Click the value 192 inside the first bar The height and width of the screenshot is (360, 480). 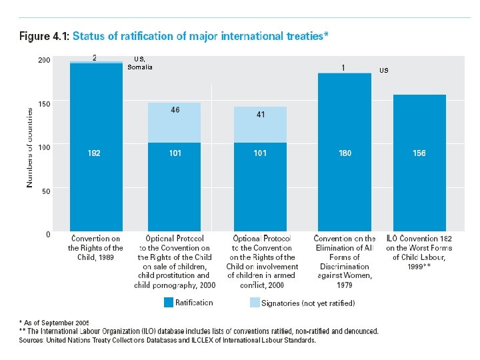coord(95,153)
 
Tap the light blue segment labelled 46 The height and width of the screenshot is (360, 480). coord(175,122)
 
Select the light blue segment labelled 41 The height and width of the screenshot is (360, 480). coord(261,124)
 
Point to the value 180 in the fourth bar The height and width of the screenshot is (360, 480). coord(345,153)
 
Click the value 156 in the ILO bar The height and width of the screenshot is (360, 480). coord(419,153)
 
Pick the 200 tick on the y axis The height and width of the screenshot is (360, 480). coord(43,60)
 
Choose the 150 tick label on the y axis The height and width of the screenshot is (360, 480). coord(43,104)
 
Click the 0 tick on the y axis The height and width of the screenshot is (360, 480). coord(47,234)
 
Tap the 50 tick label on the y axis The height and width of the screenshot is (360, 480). coord(45,191)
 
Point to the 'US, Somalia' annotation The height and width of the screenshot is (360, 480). coord(141,63)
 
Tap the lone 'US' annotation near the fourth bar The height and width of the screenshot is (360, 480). coord(384,70)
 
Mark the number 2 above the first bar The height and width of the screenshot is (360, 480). coord(94,57)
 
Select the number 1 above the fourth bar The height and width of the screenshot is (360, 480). coord(343,67)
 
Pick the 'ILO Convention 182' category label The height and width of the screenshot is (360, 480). coord(419,239)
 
